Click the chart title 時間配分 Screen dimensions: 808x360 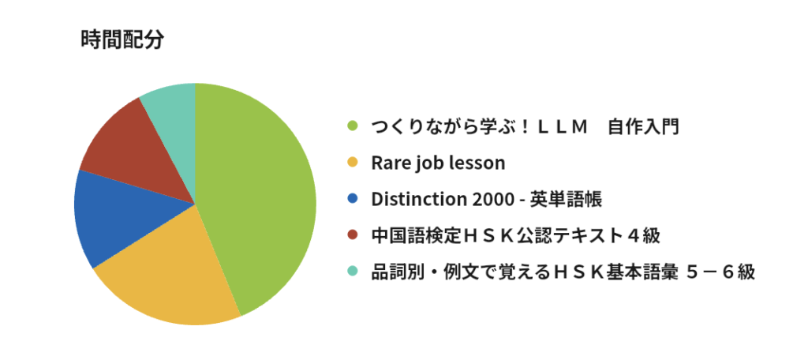122,39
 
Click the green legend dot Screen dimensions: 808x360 353,126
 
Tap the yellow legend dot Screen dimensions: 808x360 353,163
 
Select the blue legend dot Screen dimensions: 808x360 353,199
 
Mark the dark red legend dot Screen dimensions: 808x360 353,235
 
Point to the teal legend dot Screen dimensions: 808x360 353,272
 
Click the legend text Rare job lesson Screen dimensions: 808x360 438,163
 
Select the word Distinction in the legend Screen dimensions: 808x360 417,199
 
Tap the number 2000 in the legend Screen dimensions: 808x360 489,199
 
